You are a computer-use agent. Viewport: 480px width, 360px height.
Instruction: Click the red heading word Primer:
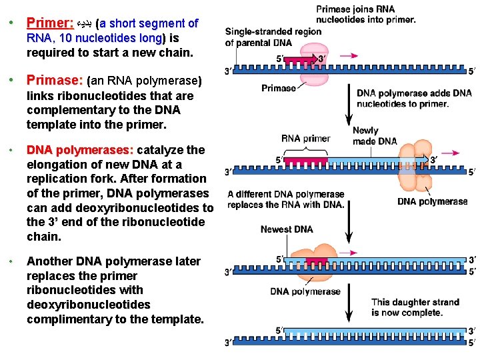coord(50,23)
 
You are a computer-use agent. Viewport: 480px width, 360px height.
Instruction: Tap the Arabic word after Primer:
coord(85,24)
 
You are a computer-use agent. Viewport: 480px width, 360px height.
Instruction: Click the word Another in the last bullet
coord(50,261)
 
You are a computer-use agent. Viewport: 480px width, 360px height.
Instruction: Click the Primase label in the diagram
coord(279,88)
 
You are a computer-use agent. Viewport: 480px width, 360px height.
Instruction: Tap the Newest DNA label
coord(287,229)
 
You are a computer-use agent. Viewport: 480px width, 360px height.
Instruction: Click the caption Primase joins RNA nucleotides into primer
coord(365,15)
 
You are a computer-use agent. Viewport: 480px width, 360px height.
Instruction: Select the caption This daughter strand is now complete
coord(415,307)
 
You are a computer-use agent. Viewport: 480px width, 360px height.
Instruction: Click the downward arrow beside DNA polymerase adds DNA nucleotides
coord(347,103)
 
